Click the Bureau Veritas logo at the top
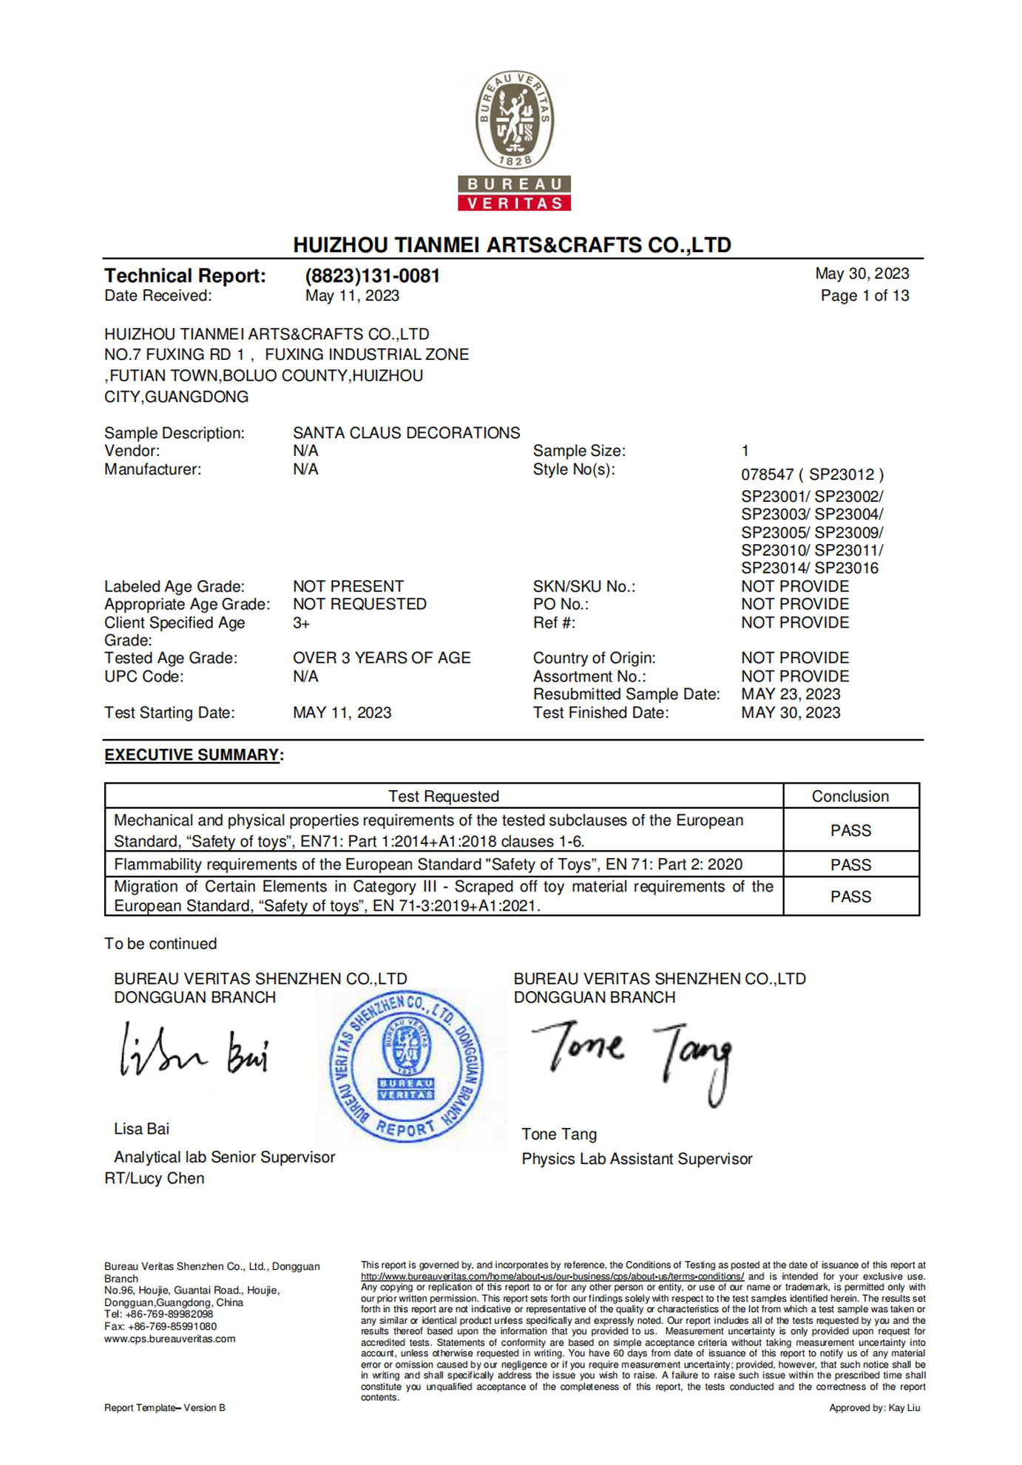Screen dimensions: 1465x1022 514,140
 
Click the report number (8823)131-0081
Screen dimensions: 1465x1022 372,276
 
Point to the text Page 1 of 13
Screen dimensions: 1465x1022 864,296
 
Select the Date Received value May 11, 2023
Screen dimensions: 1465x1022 352,296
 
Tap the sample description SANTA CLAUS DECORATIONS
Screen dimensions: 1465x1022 406,432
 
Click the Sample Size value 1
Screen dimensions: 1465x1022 745,451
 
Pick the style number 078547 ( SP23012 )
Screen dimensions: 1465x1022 812,475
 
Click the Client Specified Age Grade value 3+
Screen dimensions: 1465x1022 301,623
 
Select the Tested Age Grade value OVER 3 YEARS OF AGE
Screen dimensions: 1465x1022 382,658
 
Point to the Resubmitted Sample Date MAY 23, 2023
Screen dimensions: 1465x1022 791,694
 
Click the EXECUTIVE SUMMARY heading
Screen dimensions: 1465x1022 192,755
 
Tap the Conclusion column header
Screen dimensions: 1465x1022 850,796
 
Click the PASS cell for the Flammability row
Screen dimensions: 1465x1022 850,865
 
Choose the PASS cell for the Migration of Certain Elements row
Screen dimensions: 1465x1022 850,897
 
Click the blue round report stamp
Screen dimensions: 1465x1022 406,1067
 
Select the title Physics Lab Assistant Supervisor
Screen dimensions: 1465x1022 637,1159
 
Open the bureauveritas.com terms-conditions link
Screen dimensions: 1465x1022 552,1277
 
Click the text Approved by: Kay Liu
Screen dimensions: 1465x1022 874,1408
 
